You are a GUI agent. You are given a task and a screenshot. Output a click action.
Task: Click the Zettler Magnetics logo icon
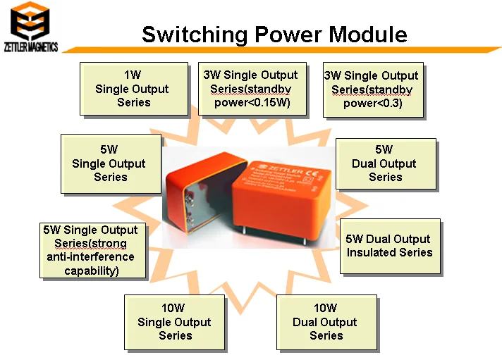[x=30, y=21]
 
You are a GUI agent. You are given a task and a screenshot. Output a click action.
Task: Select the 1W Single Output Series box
[x=133, y=89]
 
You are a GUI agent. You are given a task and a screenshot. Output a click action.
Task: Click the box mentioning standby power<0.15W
[x=250, y=89]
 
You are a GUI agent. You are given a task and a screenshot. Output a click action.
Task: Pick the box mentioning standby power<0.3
[x=372, y=89]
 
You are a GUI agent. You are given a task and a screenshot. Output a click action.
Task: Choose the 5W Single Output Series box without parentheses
[x=109, y=163]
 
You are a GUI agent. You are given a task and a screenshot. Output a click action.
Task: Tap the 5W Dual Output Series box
[x=384, y=163]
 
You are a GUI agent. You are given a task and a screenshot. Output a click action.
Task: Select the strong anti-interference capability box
[x=90, y=250]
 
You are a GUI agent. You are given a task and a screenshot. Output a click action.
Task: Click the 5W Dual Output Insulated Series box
[x=389, y=245]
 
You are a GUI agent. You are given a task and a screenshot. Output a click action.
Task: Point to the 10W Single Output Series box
[x=174, y=322]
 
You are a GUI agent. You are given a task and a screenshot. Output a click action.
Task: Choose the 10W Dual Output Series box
[x=325, y=322]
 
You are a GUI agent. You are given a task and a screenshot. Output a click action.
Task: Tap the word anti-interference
[x=90, y=257]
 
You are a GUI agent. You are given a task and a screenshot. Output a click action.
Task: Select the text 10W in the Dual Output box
[x=325, y=308]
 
